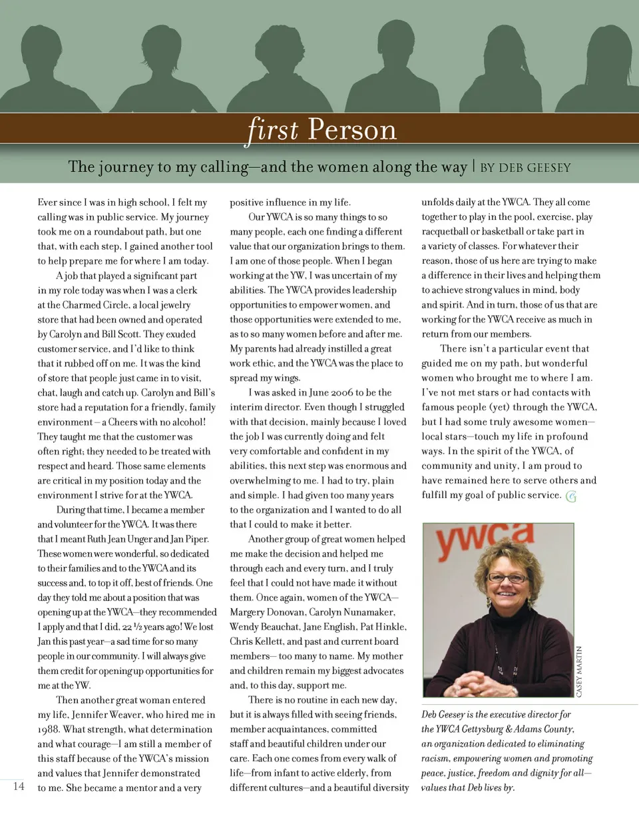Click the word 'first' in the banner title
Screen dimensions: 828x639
pyautogui.click(x=272, y=129)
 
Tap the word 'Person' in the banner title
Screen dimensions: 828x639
pyautogui.click(x=352, y=129)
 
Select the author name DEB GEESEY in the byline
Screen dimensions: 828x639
pyautogui.click(x=534, y=168)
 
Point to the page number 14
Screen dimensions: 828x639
pyautogui.click(x=19, y=786)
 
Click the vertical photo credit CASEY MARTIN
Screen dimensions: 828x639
pyautogui.click(x=579, y=671)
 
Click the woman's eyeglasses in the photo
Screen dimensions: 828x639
pyautogui.click(x=507, y=577)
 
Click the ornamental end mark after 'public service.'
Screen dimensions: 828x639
pyautogui.click(x=571, y=496)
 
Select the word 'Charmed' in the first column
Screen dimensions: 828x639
pyautogui.click(x=82, y=305)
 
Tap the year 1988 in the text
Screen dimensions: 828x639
pyautogui.click(x=49, y=729)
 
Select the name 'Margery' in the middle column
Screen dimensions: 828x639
pyautogui.click(x=248, y=612)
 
